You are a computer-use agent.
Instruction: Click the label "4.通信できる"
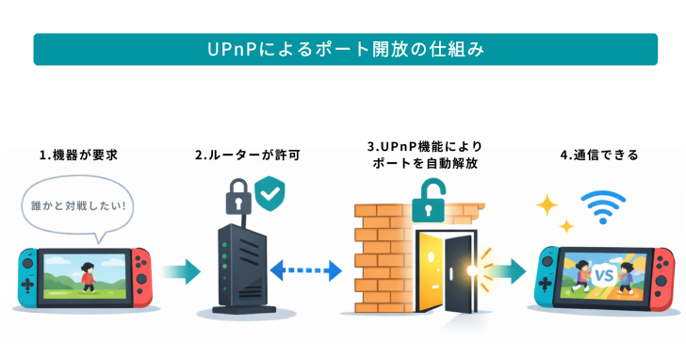click(598, 154)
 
